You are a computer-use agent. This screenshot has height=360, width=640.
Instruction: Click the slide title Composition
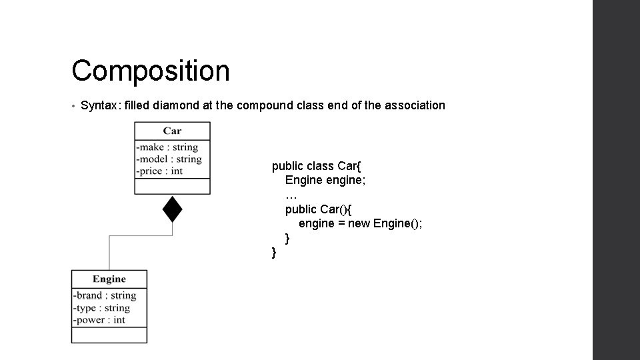[x=151, y=71]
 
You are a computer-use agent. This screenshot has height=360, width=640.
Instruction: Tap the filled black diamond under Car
[x=173, y=209]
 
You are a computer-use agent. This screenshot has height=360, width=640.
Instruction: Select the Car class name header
[x=172, y=131]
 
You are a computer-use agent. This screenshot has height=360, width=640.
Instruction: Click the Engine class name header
[x=109, y=279]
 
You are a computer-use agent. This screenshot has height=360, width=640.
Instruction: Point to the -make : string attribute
[x=167, y=147]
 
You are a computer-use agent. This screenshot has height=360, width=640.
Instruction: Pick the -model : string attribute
[x=169, y=159]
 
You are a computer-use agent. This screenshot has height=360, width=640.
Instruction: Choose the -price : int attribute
[x=159, y=171]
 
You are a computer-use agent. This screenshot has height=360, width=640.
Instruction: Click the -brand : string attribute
[x=105, y=295]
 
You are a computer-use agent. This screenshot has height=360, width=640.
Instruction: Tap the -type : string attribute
[x=102, y=307]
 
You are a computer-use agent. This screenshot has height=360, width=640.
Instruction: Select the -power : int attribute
[x=99, y=319]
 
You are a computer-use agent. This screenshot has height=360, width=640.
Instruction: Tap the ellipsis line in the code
[x=291, y=195]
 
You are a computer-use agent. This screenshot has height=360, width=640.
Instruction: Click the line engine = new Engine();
[x=360, y=223]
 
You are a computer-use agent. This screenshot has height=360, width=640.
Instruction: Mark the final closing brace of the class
[x=274, y=253]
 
